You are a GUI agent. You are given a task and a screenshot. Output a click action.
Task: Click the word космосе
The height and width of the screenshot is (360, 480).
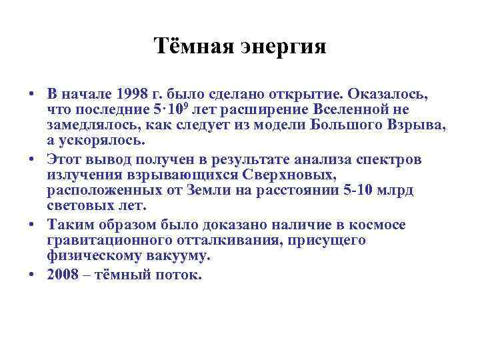(379, 225)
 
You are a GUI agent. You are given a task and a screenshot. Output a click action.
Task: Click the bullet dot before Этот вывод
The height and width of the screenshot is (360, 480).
(32, 160)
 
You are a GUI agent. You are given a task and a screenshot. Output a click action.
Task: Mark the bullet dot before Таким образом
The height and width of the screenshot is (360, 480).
(32, 225)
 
